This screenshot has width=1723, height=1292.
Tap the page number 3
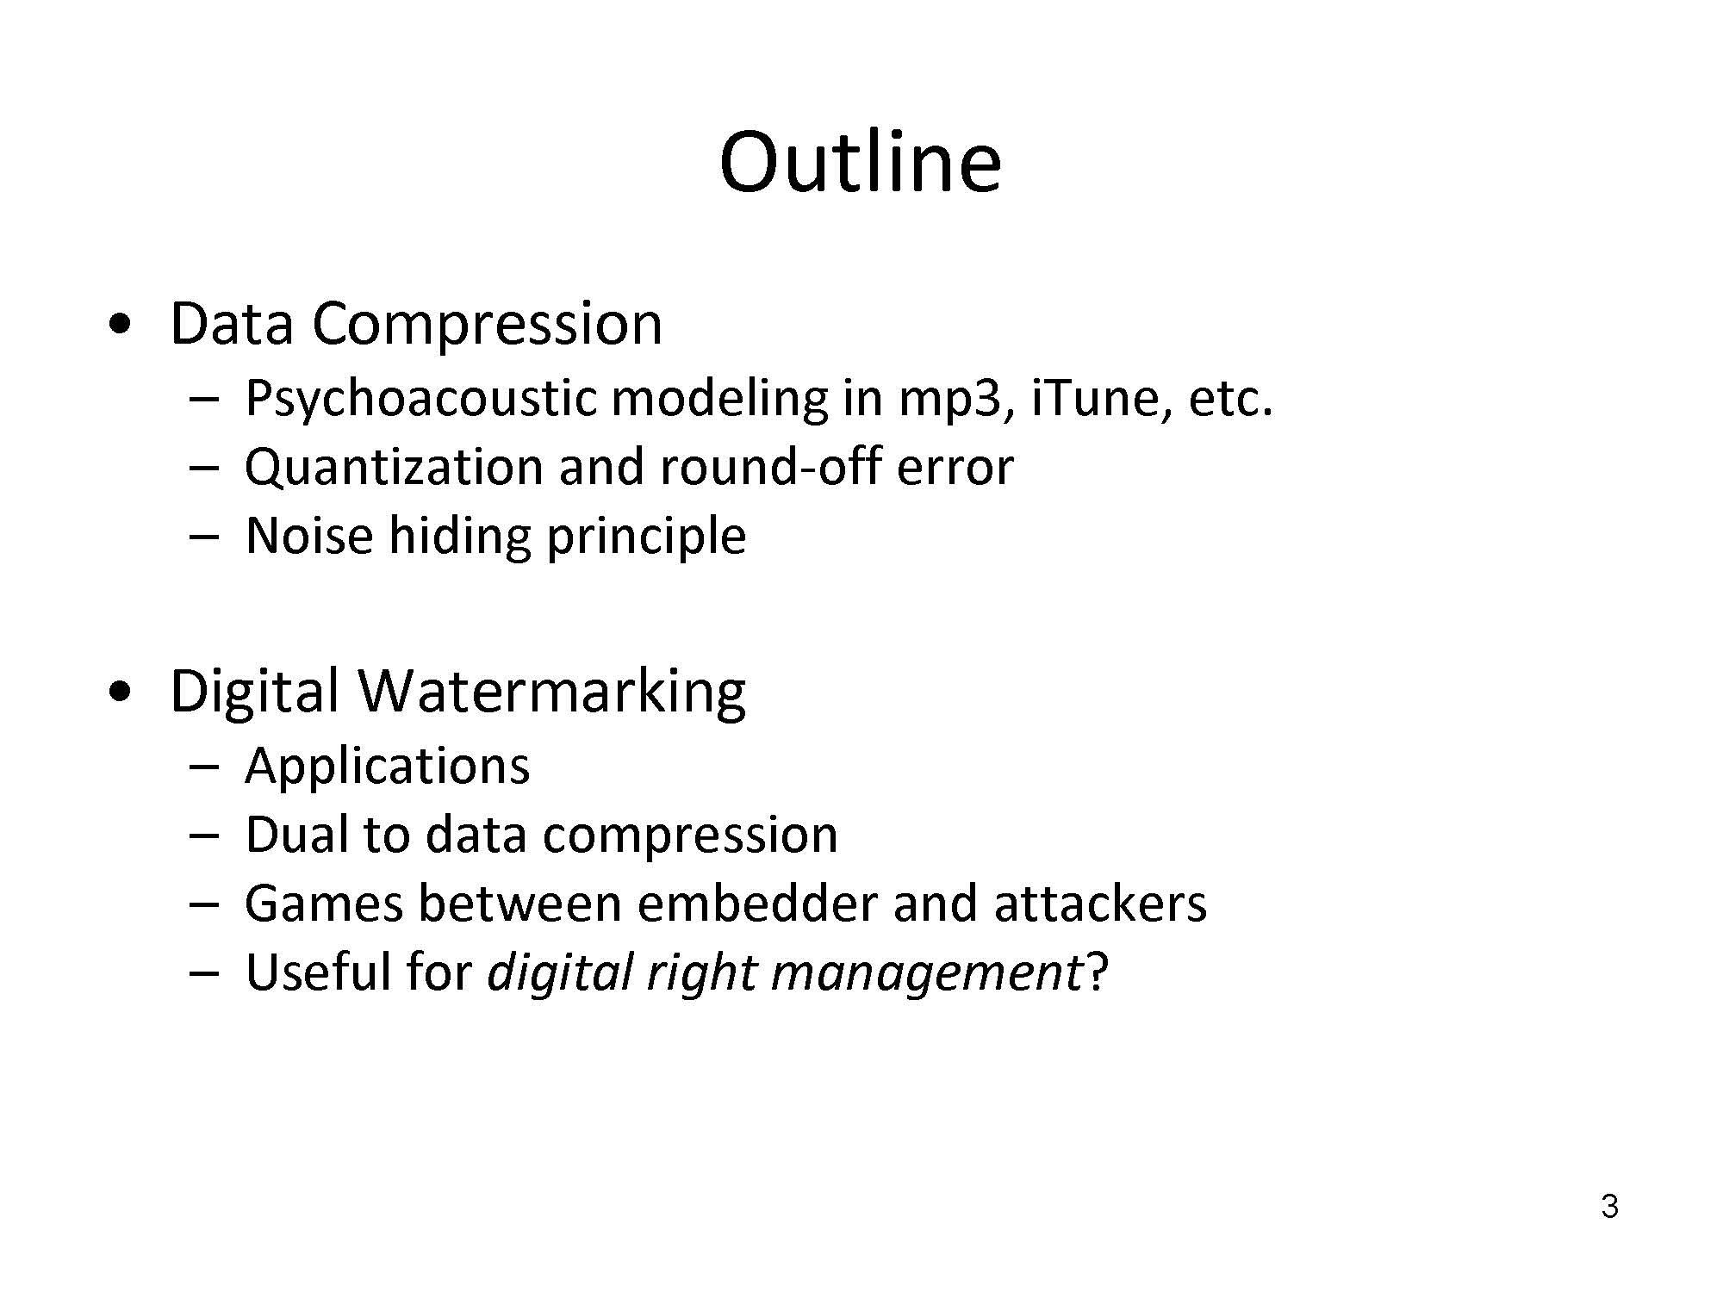1609,1207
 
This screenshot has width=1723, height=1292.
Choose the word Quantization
395,469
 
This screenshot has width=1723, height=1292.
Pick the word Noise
309,536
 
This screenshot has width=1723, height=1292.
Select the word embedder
756,903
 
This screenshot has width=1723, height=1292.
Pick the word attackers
1100,903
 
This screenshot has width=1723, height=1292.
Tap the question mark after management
1096,971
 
